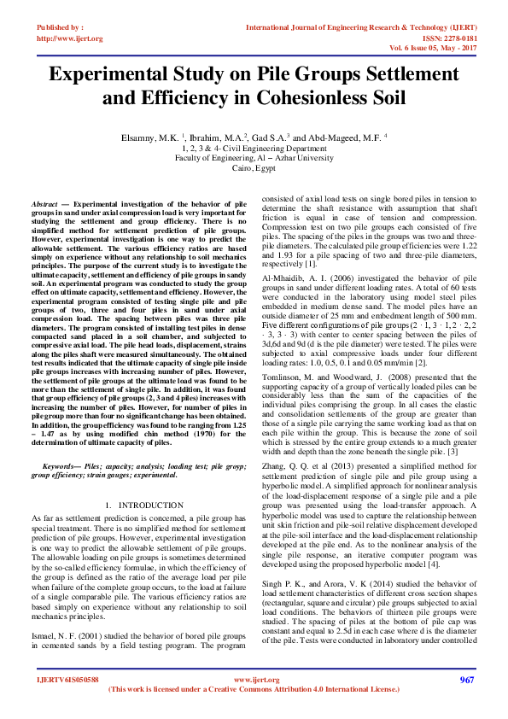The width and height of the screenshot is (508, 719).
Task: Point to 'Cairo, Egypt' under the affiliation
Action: (254, 169)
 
